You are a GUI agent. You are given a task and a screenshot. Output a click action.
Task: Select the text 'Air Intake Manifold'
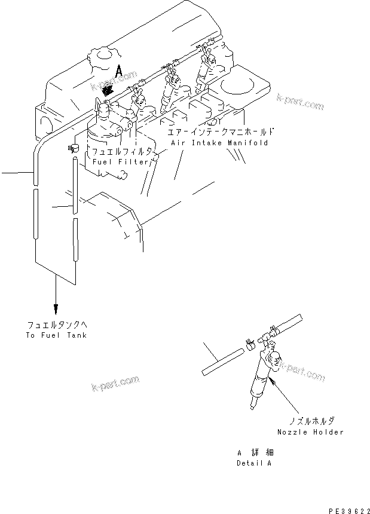[219, 143]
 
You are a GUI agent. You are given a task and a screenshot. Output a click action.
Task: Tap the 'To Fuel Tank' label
[57, 335]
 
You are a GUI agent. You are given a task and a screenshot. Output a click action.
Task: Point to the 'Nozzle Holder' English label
[310, 432]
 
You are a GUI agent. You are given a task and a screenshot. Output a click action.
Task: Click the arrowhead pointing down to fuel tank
[56, 308]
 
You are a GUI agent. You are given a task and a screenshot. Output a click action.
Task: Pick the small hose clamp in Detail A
[250, 342]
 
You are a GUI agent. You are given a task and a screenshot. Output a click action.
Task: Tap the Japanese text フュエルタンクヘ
[57, 325]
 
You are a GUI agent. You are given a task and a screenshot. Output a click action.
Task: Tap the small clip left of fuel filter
[74, 147]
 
